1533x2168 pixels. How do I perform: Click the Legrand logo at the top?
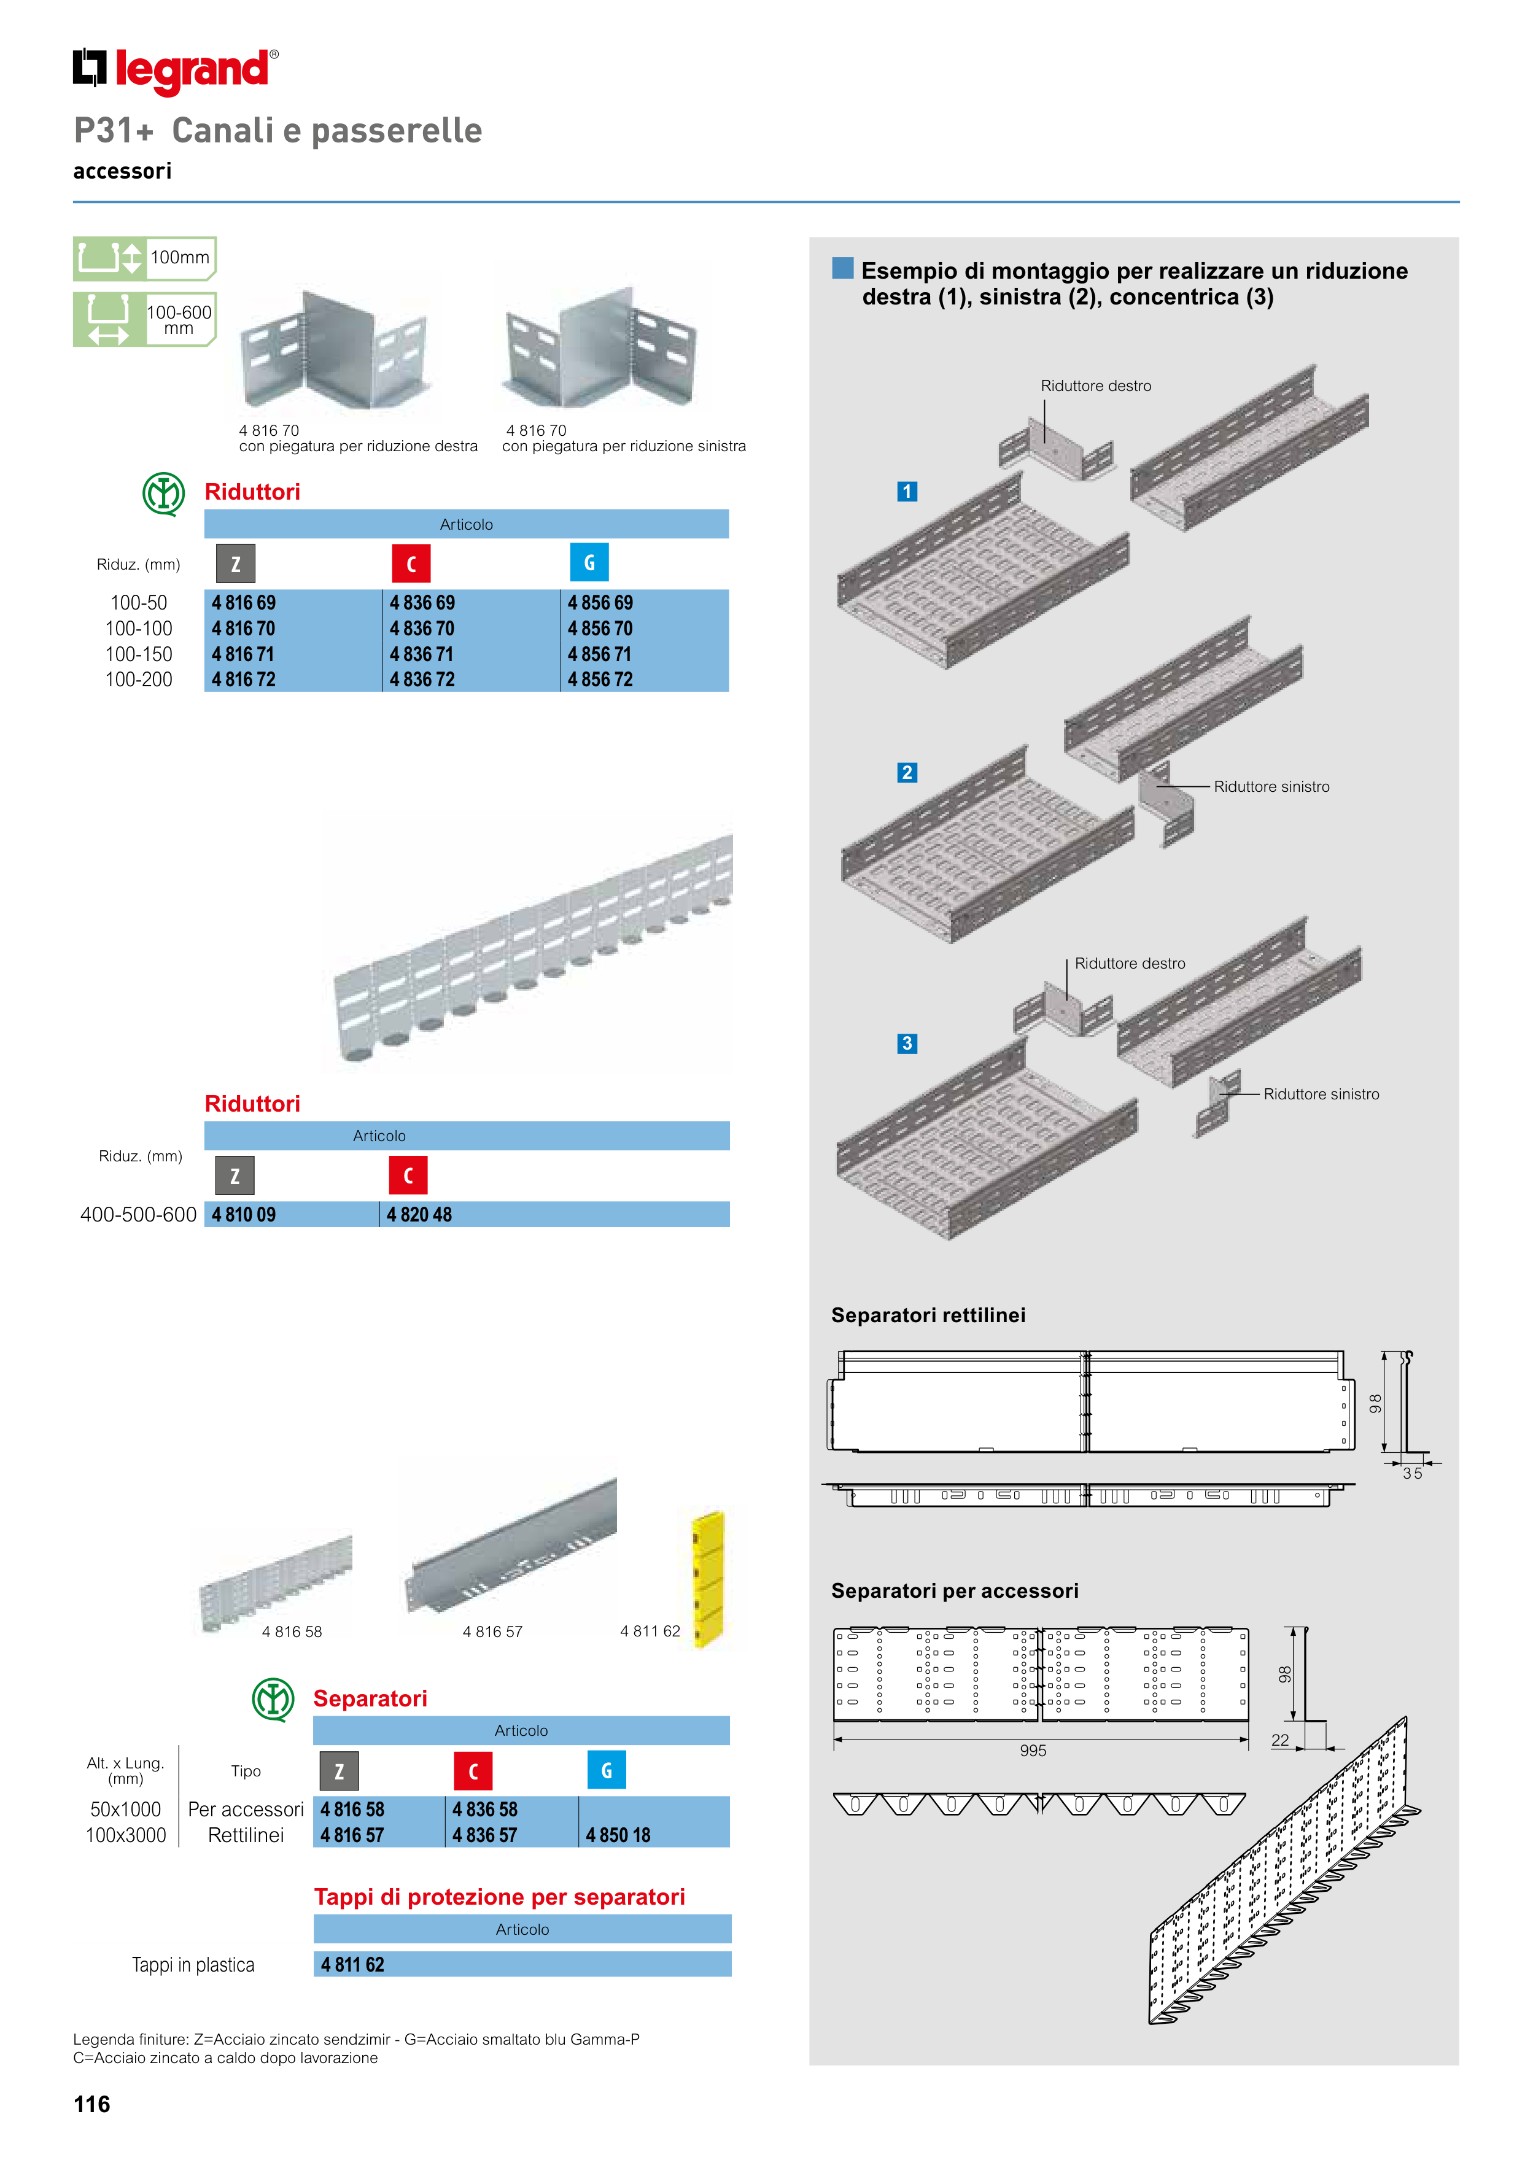point(176,70)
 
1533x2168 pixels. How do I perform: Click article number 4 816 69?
point(244,602)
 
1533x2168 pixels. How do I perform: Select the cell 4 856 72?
point(600,680)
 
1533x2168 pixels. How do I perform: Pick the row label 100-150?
point(139,654)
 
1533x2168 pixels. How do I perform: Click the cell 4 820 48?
point(419,1215)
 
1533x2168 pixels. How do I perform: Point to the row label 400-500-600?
point(138,1215)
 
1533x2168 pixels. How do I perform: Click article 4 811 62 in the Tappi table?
point(352,1965)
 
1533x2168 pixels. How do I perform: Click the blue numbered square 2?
point(907,772)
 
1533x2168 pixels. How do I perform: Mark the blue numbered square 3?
point(907,1043)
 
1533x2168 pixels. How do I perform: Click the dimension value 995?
point(1033,1751)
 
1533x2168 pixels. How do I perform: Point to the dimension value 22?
point(1280,1740)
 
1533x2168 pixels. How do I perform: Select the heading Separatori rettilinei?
point(928,1315)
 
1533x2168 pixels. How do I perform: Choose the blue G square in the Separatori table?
point(607,1770)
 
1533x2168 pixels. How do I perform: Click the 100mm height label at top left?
point(179,257)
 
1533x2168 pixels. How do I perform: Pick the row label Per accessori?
point(246,1810)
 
